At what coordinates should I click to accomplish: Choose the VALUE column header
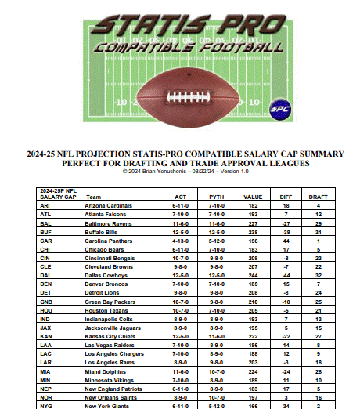click(x=253, y=197)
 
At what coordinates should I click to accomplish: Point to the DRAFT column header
click(x=319, y=197)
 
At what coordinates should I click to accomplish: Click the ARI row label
click(x=46, y=205)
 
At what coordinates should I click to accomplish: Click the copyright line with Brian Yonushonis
click(x=181, y=172)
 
